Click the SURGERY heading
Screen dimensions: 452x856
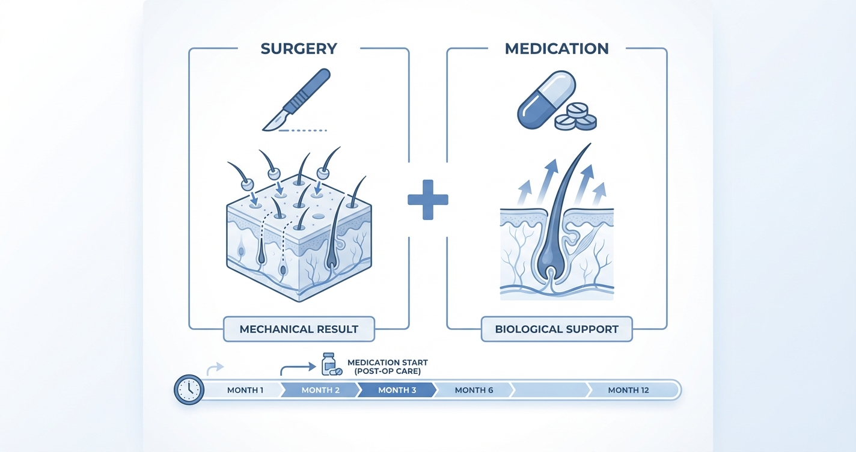point(299,49)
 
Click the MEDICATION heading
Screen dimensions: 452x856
point(557,49)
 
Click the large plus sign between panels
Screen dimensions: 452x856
point(427,199)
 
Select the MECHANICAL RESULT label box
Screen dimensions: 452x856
point(299,329)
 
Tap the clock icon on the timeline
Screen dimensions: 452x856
point(189,390)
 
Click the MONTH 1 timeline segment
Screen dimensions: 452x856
point(245,390)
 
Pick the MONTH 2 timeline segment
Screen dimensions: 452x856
point(320,390)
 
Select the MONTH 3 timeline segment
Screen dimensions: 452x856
point(397,390)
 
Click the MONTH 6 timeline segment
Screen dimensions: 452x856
point(474,390)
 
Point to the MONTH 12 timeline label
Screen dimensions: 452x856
point(628,390)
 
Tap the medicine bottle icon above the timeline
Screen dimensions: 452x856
point(329,364)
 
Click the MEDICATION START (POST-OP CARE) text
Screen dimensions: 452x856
point(387,367)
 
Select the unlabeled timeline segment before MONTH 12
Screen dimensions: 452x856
point(550,390)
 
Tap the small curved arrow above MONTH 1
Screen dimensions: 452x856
point(215,367)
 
